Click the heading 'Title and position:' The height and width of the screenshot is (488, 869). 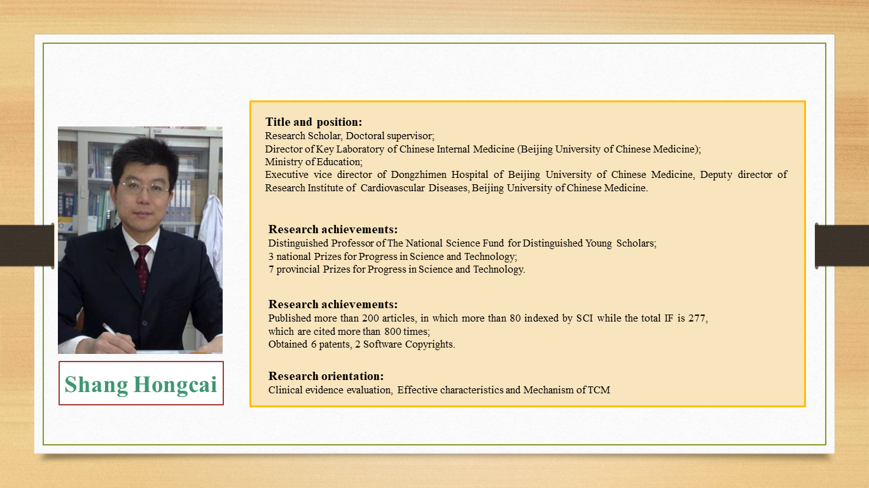(x=314, y=122)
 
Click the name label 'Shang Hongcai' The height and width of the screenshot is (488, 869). (x=141, y=384)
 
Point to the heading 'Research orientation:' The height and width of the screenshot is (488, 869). (x=326, y=376)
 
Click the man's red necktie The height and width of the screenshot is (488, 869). (x=143, y=267)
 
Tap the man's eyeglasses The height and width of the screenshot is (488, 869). (x=145, y=187)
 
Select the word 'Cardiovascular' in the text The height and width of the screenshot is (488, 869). (x=393, y=188)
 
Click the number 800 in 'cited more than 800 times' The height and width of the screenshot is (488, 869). (x=393, y=332)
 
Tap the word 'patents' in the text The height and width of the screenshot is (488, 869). (x=335, y=344)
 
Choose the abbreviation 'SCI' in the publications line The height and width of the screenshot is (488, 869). (x=584, y=318)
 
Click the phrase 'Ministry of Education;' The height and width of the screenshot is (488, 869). (x=314, y=162)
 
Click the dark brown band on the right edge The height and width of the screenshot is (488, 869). (x=842, y=245)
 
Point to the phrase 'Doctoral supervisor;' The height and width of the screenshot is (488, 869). (x=390, y=136)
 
